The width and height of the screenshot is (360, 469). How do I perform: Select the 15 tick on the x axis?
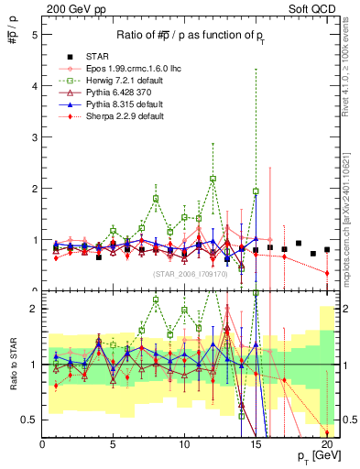(x=256, y=445)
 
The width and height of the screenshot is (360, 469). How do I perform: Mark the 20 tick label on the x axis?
(x=326, y=445)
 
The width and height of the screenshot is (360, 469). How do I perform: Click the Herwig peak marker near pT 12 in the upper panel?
(x=213, y=179)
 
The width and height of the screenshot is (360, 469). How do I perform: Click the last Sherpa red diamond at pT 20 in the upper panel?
(x=327, y=273)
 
